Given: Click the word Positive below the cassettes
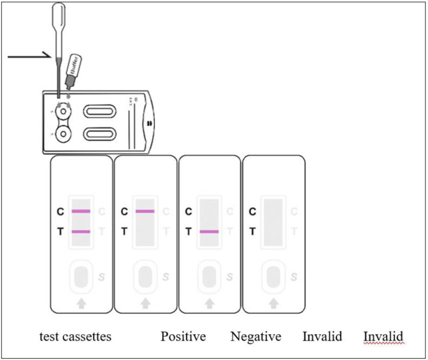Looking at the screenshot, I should (x=183, y=337).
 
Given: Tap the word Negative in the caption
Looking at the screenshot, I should (x=256, y=337).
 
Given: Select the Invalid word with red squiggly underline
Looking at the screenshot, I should (x=383, y=337).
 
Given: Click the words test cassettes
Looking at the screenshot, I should (x=75, y=337).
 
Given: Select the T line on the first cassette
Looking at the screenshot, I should (x=81, y=231).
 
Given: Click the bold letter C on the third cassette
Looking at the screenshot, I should (x=188, y=211).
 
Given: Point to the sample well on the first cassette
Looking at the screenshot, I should (x=81, y=277).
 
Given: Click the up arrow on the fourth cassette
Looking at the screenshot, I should (x=273, y=303).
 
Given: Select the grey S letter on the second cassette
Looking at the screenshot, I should (x=166, y=277).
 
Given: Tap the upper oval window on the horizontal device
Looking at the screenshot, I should (x=100, y=111).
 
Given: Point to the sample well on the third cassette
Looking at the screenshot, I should (x=209, y=277).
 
